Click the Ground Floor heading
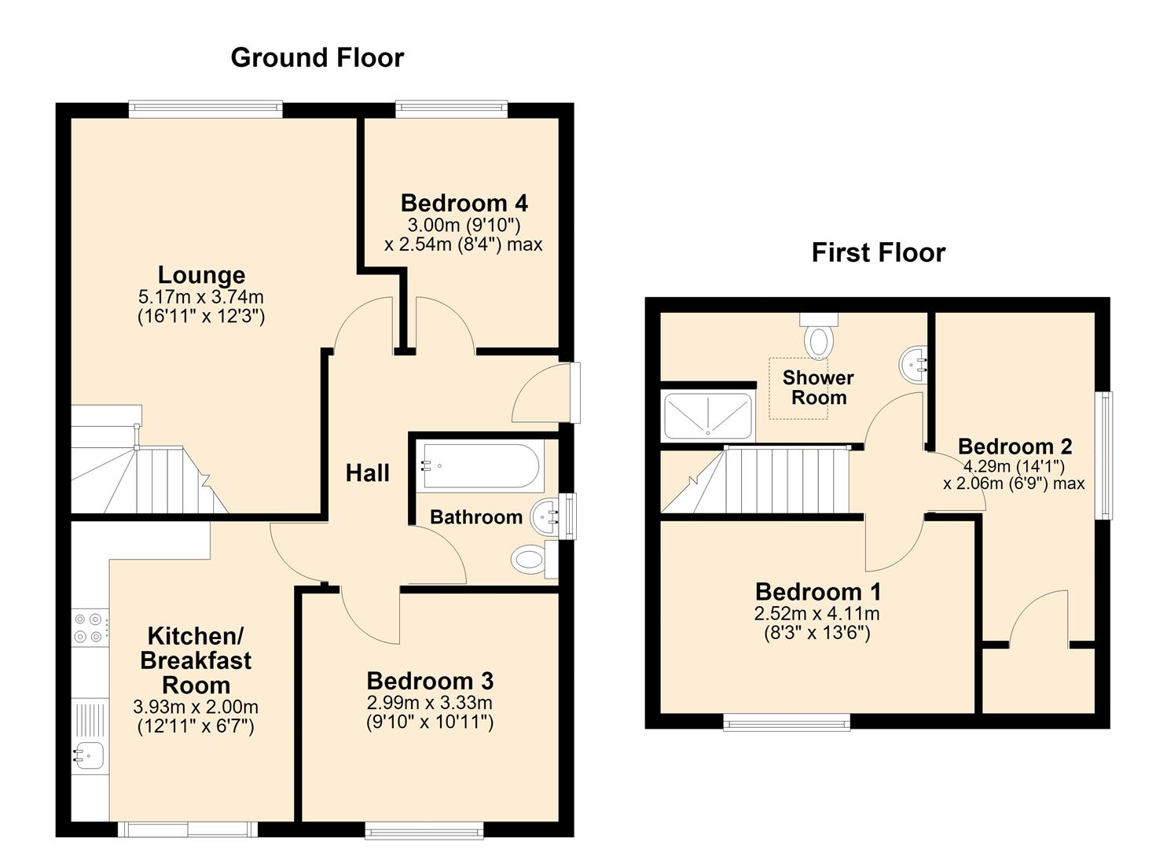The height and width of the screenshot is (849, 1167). click(317, 57)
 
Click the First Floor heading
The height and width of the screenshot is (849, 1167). click(879, 253)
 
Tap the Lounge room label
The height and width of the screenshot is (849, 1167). click(201, 274)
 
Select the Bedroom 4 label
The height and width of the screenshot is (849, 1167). click(464, 204)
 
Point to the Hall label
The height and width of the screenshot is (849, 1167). click(367, 473)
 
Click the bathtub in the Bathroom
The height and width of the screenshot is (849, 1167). click(480, 465)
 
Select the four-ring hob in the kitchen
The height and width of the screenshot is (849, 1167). click(90, 628)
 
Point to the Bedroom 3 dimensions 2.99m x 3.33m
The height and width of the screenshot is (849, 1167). click(429, 703)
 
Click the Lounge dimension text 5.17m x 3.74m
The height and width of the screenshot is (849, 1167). click(201, 297)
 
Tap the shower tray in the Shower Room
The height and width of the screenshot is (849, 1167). click(707, 416)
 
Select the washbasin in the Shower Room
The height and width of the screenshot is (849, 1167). click(913, 365)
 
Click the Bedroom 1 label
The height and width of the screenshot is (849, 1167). click(818, 592)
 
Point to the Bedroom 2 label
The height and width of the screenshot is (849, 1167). click(1015, 447)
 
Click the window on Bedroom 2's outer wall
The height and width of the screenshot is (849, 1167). click(1104, 455)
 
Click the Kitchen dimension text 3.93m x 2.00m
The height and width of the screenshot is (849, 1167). click(196, 707)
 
